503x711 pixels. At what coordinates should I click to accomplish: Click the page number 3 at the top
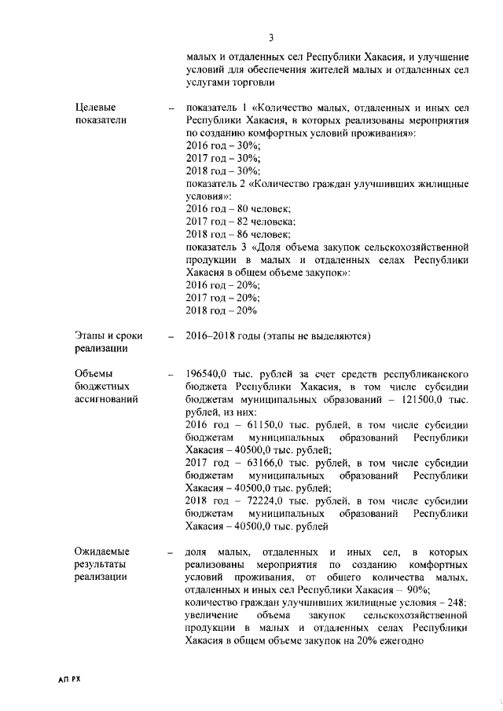point(270,37)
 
